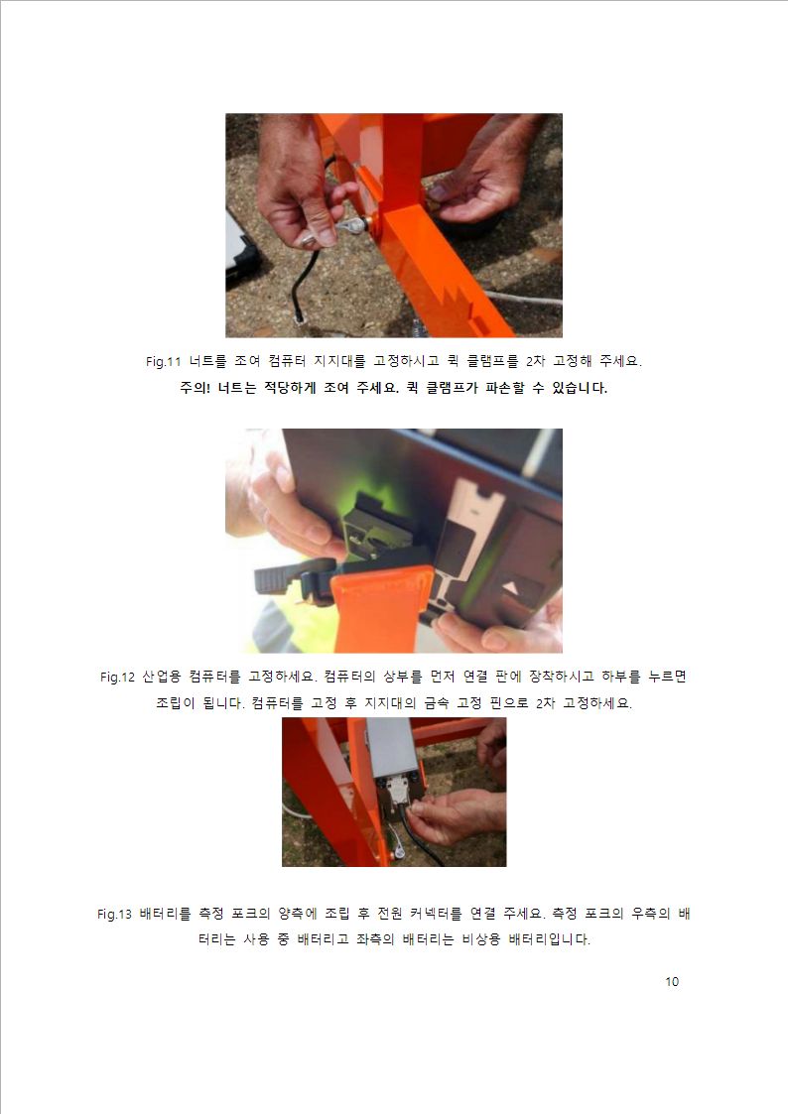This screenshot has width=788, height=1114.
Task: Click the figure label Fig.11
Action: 164,362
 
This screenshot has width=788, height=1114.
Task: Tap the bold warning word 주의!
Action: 195,388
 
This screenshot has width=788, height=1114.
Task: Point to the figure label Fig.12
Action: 117,678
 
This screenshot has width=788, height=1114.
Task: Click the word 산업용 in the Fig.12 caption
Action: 162,677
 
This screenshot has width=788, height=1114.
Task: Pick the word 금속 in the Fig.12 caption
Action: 437,703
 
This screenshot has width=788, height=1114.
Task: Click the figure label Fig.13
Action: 114,914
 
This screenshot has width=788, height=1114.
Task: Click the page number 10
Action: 672,982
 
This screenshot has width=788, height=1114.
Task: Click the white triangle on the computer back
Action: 513,588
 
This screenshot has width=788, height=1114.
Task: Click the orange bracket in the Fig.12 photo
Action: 382,609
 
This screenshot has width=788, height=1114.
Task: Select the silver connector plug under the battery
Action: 399,790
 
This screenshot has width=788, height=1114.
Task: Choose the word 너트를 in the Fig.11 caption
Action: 208,362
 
